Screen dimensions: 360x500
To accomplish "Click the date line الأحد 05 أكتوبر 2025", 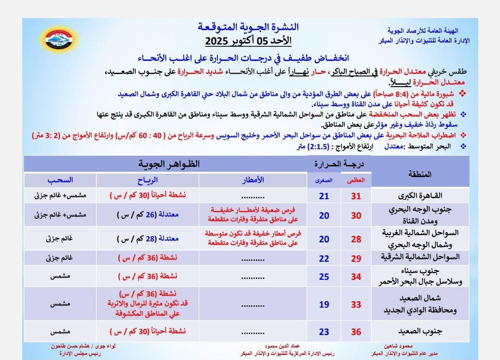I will pyautogui.click(x=248, y=41).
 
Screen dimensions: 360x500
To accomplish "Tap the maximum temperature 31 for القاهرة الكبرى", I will pyautogui.click(x=356, y=196).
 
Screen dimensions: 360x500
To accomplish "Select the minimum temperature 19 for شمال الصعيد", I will pyautogui.click(x=324, y=304).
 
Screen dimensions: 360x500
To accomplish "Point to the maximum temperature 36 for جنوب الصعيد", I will pyautogui.click(x=356, y=332).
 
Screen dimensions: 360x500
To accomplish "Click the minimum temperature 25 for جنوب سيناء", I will pyautogui.click(x=324, y=277).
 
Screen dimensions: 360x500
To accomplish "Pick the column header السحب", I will pyautogui.click(x=60, y=180).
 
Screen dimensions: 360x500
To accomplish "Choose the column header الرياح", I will pyautogui.click(x=148, y=180).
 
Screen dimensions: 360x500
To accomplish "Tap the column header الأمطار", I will pyautogui.click(x=253, y=180).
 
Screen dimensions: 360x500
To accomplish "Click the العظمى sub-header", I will pyautogui.click(x=356, y=181).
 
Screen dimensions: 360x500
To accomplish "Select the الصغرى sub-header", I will pyautogui.click(x=324, y=181).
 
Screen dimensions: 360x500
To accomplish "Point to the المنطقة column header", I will pyautogui.click(x=420, y=174).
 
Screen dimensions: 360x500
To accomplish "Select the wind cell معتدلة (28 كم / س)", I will pyautogui.click(x=147, y=239).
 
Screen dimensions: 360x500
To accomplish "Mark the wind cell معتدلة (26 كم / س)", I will pyautogui.click(x=147, y=215).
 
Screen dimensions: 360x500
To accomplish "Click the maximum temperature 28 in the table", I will pyautogui.click(x=356, y=239).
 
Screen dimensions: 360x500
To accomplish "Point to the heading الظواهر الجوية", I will pyautogui.click(x=169, y=164).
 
